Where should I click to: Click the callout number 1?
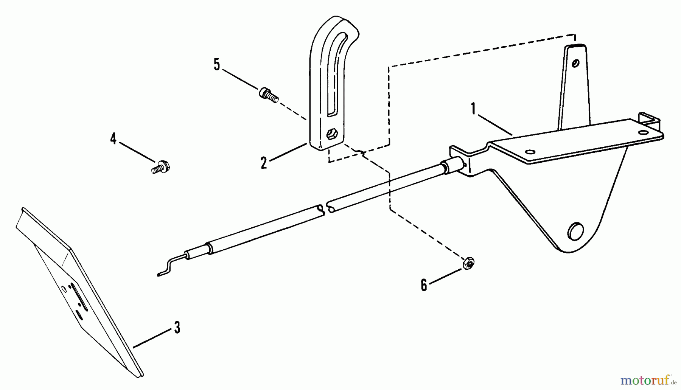[473, 109]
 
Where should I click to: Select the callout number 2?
[264, 163]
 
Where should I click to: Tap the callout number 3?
[177, 328]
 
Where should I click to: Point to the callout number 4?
[113, 138]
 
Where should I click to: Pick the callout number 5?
[216, 65]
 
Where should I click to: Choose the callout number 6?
[424, 285]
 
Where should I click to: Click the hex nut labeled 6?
[468, 263]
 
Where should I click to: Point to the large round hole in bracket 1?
[576, 231]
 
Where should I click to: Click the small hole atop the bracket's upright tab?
[575, 63]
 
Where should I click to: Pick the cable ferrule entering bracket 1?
[452, 167]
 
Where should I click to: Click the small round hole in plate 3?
[64, 290]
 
